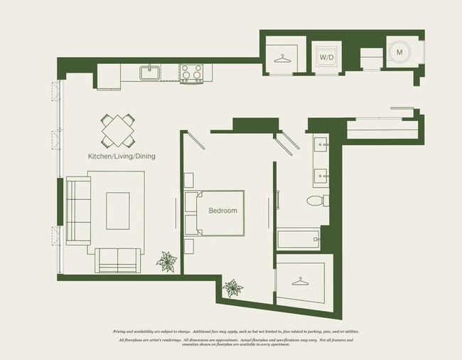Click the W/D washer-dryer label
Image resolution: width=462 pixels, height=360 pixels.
327,56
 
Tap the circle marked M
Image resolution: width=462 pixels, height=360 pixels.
399,52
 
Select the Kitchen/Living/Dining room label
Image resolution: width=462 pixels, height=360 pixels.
122,156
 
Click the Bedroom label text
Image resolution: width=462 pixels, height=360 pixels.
222,211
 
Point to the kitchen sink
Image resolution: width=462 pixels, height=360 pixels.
149,72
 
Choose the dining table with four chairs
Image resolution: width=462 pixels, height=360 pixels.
119,130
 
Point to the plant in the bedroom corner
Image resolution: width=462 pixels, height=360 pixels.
232,288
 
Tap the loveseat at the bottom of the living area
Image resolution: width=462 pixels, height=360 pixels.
119,260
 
